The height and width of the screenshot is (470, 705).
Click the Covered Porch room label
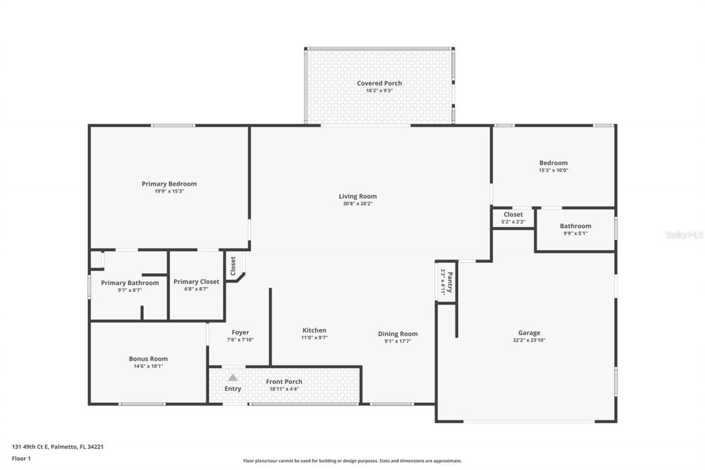(x=379, y=83)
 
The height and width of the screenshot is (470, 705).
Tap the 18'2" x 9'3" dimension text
(x=379, y=90)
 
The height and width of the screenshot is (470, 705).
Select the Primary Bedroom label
(x=169, y=184)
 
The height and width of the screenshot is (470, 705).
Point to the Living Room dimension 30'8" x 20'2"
(x=357, y=203)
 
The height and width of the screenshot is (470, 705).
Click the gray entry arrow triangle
(x=233, y=377)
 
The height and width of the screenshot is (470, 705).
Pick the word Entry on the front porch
(x=232, y=388)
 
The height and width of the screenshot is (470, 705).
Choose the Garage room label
(x=529, y=333)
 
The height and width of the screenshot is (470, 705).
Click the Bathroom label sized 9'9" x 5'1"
(x=576, y=226)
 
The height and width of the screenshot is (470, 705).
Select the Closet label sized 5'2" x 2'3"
(x=513, y=214)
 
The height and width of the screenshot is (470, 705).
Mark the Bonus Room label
(x=148, y=359)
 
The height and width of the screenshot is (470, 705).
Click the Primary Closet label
(x=196, y=282)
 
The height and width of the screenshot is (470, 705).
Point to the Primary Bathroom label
(x=129, y=283)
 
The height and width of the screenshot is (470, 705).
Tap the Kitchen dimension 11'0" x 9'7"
(x=314, y=338)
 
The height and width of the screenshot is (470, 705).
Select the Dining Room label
(x=398, y=333)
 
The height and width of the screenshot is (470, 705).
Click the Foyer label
(x=240, y=332)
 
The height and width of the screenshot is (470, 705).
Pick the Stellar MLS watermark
(x=684, y=235)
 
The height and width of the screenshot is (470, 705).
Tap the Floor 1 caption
(x=21, y=458)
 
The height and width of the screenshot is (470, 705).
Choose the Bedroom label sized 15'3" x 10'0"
(x=553, y=163)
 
